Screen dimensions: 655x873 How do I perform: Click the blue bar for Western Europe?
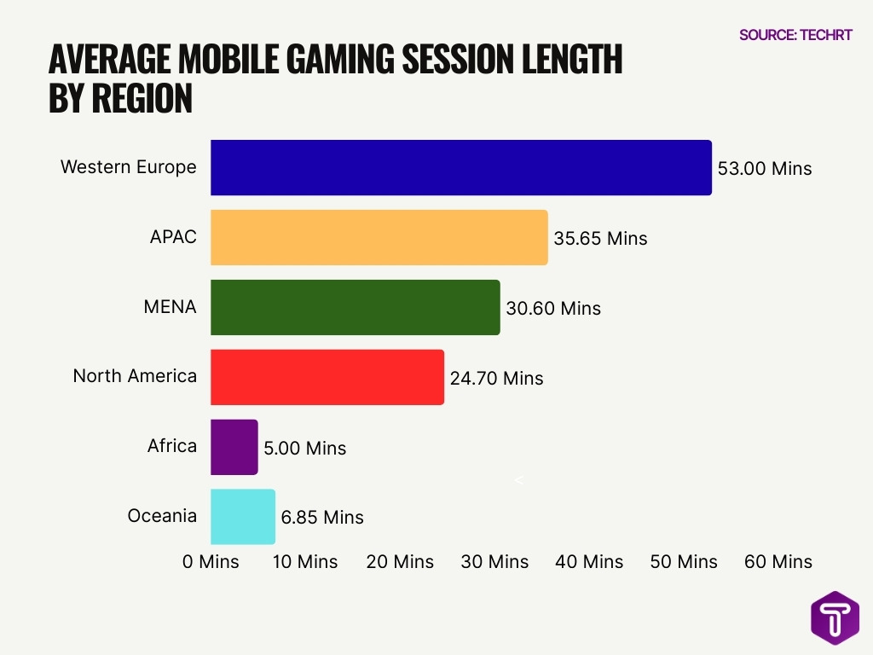point(460,168)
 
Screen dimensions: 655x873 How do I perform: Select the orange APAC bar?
point(379,238)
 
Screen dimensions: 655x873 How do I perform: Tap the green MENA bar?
point(355,308)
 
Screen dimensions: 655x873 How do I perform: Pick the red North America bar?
point(327,377)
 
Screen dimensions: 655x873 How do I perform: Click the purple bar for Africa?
point(234,447)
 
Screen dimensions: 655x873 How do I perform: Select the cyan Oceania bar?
point(242,517)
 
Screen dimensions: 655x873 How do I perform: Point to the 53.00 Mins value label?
point(765,169)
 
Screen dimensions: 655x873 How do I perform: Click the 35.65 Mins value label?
point(600,239)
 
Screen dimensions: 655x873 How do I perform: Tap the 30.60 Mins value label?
point(553,309)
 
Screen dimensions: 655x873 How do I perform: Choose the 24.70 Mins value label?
point(496,378)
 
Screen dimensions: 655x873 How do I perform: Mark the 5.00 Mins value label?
point(304,448)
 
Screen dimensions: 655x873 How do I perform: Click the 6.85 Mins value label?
point(321,518)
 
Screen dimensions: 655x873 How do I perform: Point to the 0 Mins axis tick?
point(211,562)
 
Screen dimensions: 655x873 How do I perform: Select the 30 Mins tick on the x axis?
point(494,562)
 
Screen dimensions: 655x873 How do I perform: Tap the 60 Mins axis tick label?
point(778,562)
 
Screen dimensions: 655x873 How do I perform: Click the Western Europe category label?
point(128,167)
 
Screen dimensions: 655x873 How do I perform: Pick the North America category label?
point(135,376)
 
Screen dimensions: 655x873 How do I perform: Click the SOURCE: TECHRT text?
point(795,35)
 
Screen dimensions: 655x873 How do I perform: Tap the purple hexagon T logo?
point(835,617)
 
